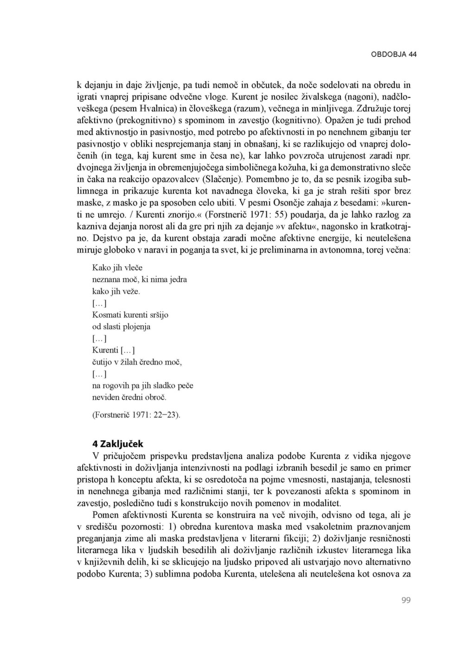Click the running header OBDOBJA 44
[x=393, y=54]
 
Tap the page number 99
[x=406, y=601]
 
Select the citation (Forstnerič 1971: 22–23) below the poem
[x=136, y=415]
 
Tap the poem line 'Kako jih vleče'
[x=117, y=268]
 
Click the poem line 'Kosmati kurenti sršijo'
[x=130, y=315]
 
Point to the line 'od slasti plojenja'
[x=122, y=327]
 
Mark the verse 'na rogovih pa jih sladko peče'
[x=143, y=385]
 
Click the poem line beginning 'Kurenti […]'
[x=113, y=350]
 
